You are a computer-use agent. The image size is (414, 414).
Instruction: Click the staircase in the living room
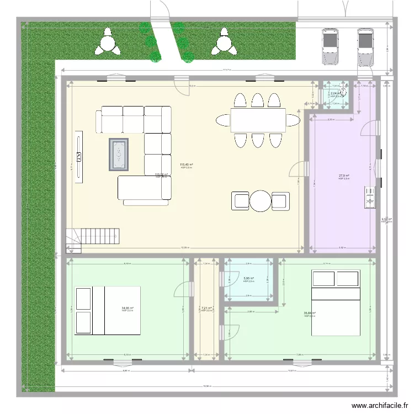pos(93,238)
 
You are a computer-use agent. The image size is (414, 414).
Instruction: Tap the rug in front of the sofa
pos(119,153)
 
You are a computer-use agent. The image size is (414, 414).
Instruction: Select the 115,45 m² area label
pos(186,164)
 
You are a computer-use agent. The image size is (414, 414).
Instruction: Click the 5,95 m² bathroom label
pos(249,279)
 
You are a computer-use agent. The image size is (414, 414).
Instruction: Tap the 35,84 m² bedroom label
pos(309,314)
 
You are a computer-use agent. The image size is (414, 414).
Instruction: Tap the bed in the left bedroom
pos(107,310)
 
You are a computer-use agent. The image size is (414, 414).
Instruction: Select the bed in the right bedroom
pos(336,303)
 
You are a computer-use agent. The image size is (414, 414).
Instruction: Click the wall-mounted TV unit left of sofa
pos(79,155)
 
